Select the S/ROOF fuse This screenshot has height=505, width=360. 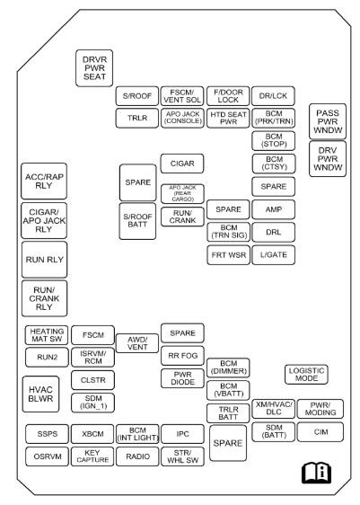pos(136,97)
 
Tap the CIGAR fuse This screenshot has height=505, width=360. pos(183,164)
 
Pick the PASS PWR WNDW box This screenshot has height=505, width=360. pos(328,120)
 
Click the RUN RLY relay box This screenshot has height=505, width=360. pos(44,260)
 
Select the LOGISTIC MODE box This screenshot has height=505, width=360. pos(307,375)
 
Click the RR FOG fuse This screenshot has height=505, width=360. pos(183,355)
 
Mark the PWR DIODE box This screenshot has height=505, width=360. pos(183,378)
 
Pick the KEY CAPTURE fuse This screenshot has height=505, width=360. pos(91,456)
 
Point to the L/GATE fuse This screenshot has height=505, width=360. pos(274,254)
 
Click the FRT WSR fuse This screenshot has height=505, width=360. pos(228,254)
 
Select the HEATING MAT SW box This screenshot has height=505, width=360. pos(44,335)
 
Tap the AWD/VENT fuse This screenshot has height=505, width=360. pos(136,343)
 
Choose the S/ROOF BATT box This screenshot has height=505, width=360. pos(136,221)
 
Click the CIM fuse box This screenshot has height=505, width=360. pos(320,432)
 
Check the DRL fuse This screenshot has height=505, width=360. pos(274,231)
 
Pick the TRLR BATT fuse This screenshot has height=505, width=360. pos(228,412)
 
